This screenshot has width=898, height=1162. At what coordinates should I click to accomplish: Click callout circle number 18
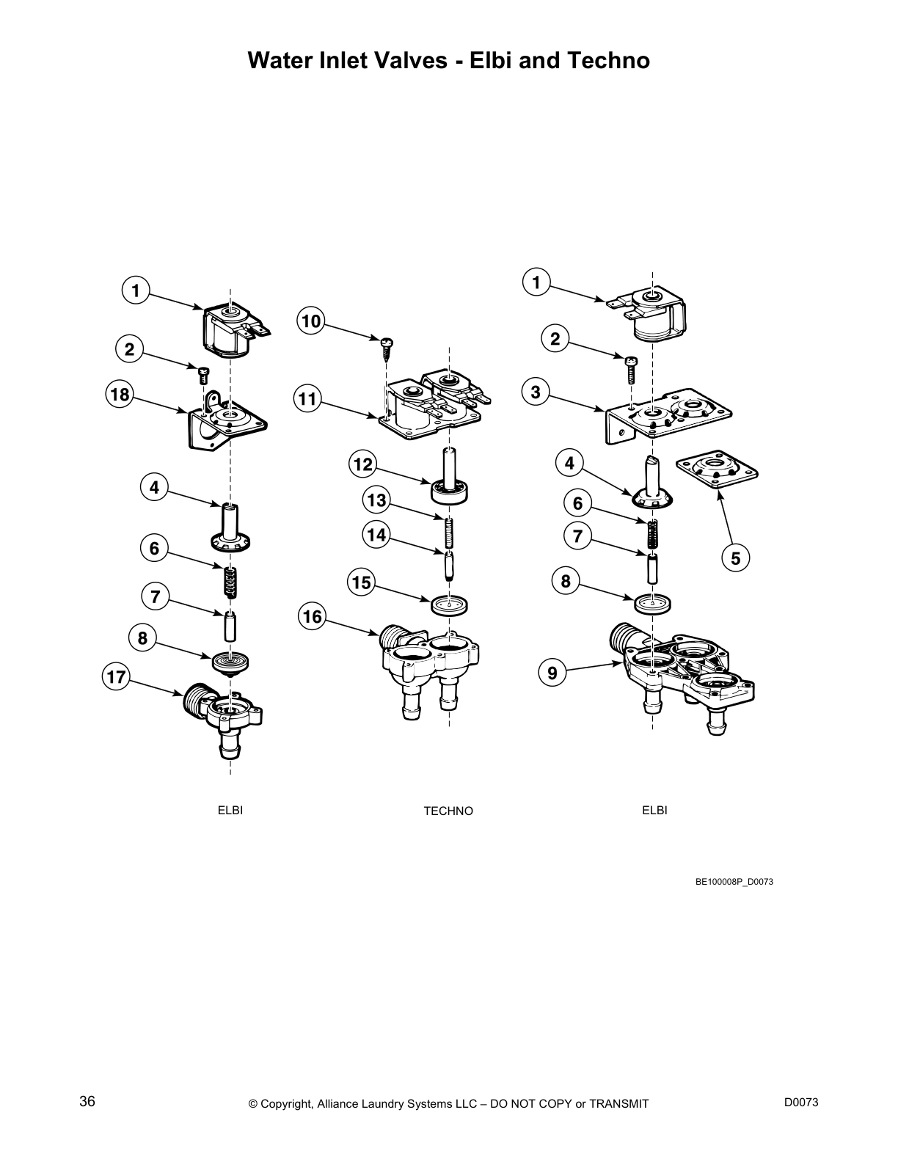click(119, 395)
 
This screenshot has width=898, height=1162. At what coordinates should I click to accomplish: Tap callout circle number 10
click(312, 321)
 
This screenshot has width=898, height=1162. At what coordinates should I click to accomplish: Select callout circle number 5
click(736, 558)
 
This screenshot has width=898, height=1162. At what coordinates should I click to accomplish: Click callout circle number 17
click(117, 676)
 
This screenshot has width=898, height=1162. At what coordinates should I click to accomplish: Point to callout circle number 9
click(552, 672)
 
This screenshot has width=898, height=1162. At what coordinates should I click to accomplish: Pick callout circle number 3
click(536, 392)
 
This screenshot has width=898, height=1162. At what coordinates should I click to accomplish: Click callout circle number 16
click(313, 617)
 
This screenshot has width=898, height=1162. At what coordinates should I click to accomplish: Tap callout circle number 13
click(376, 500)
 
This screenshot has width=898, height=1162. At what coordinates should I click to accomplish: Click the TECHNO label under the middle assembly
click(448, 811)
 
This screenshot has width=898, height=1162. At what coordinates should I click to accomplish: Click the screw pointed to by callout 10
click(387, 345)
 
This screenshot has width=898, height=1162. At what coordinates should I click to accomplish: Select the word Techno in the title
click(607, 60)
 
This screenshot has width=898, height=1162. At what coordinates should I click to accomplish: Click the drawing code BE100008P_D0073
click(734, 882)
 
